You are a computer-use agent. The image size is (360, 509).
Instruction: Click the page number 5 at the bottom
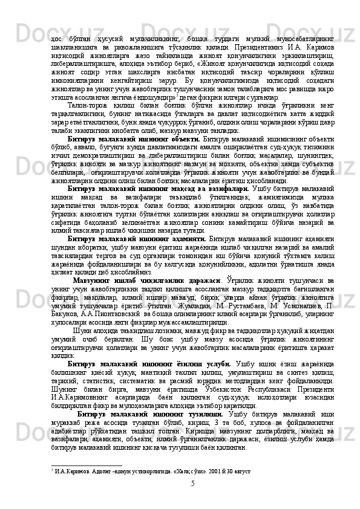pos(191,484)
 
